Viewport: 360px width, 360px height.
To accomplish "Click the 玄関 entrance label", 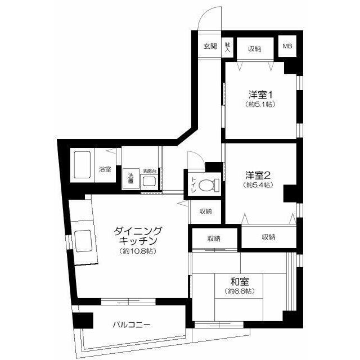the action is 210,47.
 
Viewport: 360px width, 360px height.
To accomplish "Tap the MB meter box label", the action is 287,46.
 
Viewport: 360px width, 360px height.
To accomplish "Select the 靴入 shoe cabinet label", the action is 227,47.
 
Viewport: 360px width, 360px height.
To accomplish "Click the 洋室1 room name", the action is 260,94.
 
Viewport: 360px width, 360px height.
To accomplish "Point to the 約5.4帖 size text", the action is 258,184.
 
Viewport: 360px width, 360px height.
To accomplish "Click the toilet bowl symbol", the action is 209,185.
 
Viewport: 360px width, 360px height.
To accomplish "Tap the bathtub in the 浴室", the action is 82,165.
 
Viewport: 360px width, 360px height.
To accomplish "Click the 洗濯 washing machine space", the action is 130,178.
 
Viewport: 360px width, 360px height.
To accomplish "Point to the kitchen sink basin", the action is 83,241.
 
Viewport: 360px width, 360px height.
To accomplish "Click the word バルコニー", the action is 131,325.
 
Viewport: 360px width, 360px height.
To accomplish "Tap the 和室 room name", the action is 240,281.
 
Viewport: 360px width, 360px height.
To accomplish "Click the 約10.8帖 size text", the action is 138,251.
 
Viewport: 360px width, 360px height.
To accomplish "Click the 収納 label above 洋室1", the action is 255,49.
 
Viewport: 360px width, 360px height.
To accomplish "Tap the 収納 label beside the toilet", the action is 205,211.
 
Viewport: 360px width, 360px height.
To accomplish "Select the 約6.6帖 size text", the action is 240,291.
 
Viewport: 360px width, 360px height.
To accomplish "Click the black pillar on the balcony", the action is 83,320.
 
